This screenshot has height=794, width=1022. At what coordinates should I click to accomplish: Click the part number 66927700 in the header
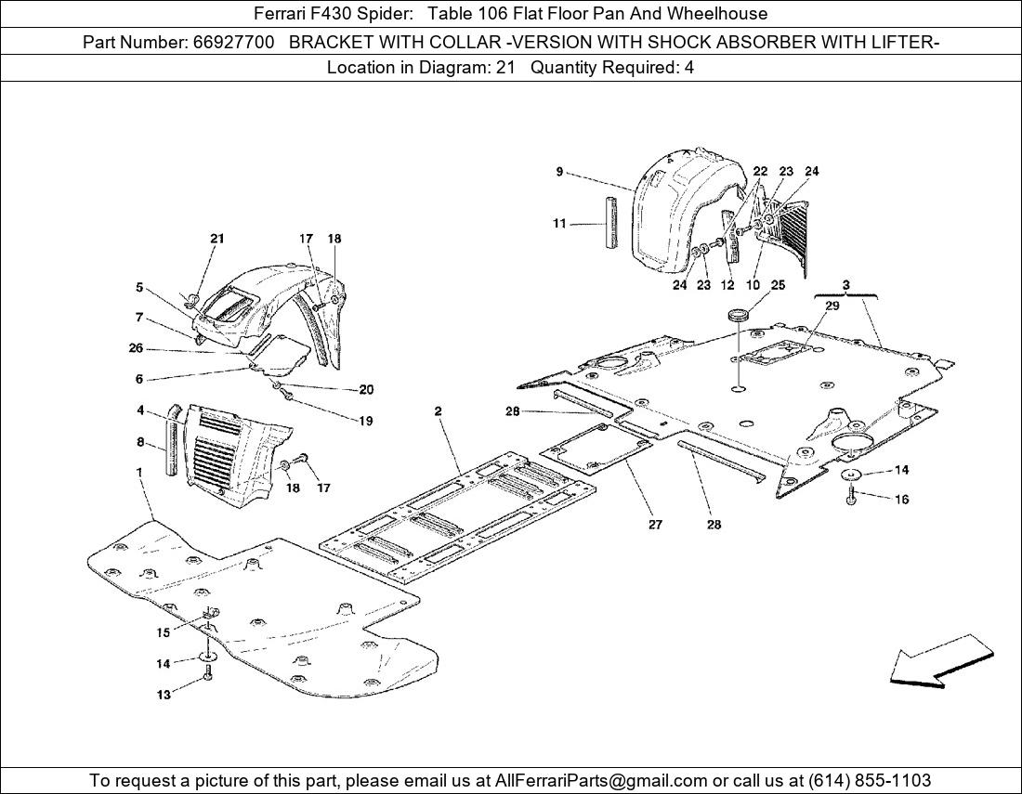(x=233, y=43)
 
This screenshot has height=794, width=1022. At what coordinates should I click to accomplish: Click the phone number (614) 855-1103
(x=870, y=780)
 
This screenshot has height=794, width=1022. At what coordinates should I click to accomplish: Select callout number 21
(x=217, y=239)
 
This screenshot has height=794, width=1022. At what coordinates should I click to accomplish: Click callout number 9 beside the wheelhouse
(x=560, y=172)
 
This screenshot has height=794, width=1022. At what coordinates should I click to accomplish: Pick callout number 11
(x=559, y=224)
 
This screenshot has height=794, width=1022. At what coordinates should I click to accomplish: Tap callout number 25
(x=778, y=285)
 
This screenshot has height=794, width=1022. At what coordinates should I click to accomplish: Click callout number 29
(x=832, y=306)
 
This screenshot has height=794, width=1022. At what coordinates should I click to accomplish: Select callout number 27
(x=655, y=525)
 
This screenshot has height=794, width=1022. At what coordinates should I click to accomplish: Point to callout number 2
(x=438, y=411)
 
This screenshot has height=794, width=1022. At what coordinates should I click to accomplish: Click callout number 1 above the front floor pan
(x=138, y=471)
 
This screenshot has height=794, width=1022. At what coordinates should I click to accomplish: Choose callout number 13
(x=163, y=695)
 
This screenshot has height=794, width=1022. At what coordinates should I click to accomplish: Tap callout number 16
(x=902, y=500)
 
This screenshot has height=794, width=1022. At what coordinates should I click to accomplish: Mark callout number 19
(x=366, y=421)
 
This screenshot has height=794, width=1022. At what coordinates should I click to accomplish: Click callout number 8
(x=140, y=442)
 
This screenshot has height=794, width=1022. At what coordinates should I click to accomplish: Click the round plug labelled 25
(x=738, y=316)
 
